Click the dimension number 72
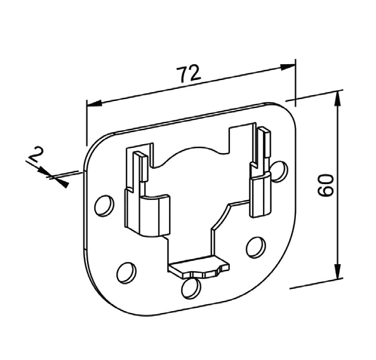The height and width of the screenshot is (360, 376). (x=188, y=74)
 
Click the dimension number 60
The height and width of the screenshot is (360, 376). (x=326, y=185)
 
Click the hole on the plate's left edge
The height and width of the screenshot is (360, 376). (x=104, y=206)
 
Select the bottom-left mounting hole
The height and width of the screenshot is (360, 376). (x=126, y=273)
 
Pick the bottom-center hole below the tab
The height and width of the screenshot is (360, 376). (x=191, y=288)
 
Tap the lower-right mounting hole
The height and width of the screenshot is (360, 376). (x=256, y=248)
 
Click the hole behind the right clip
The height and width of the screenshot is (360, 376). (x=278, y=171)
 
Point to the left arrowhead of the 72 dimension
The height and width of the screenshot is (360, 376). (x=95, y=103)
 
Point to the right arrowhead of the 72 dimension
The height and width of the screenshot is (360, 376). (x=288, y=67)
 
